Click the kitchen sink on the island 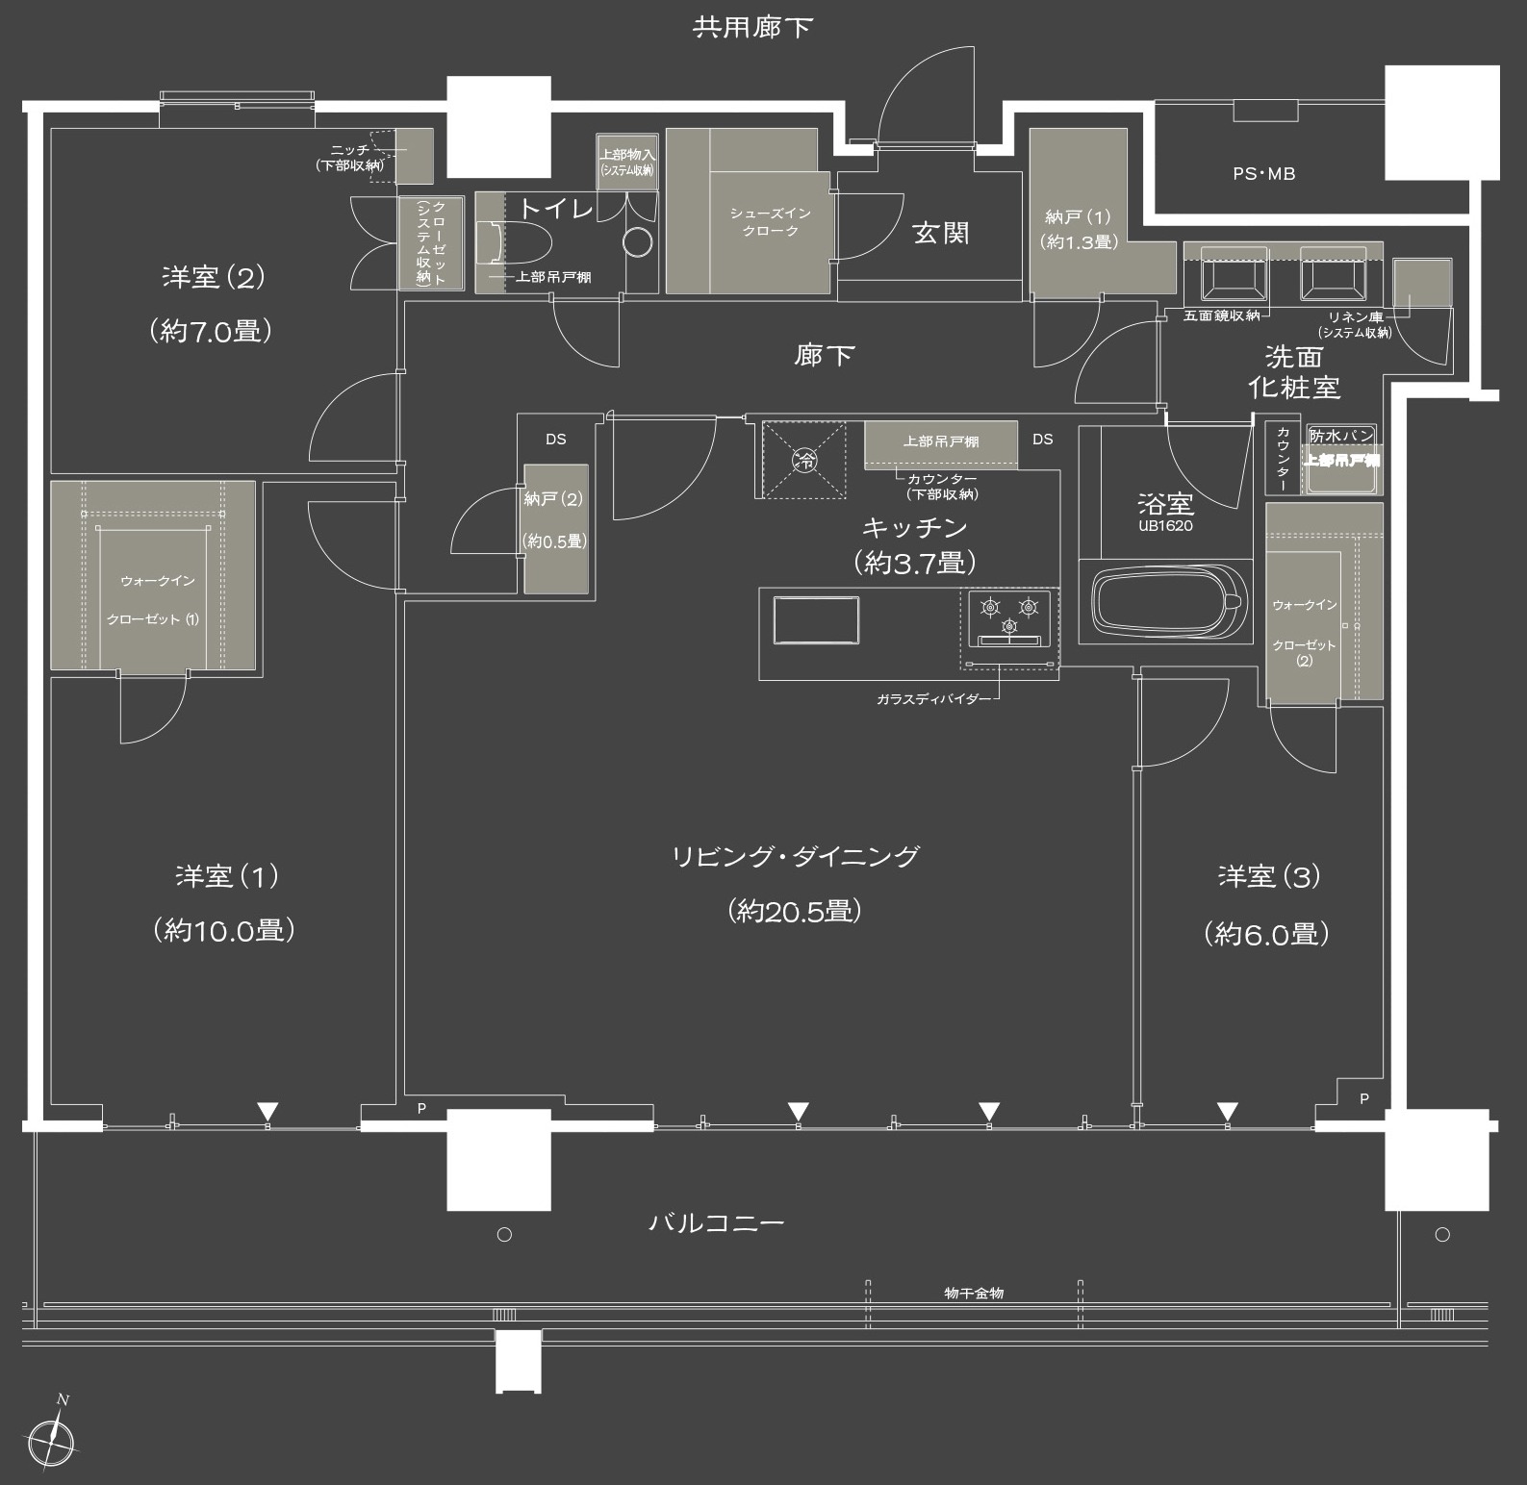pyautogui.click(x=817, y=621)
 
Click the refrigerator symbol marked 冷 pyautogui.click(x=803, y=460)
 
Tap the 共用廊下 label pyautogui.click(x=753, y=27)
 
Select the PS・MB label pyautogui.click(x=1263, y=174)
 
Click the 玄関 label pyautogui.click(x=941, y=233)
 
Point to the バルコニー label pyautogui.click(x=717, y=1222)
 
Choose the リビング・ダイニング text pyautogui.click(x=796, y=856)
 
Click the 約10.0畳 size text pyautogui.click(x=223, y=931)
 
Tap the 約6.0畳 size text pyautogui.click(x=1267, y=934)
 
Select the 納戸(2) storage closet pyautogui.click(x=555, y=529)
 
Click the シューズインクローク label pyautogui.click(x=771, y=222)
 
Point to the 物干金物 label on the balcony pyautogui.click(x=974, y=1293)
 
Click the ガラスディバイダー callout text pyautogui.click(x=932, y=699)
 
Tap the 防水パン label pyautogui.click(x=1341, y=436)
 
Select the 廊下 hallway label pyautogui.click(x=825, y=356)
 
